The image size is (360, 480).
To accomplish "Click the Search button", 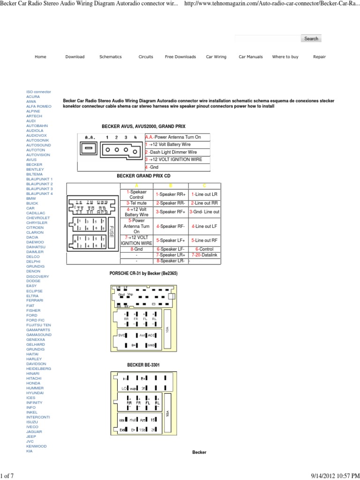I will coord(311,39).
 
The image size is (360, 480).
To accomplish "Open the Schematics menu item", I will coord(110,57).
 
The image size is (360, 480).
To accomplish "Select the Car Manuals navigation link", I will coord(250,57).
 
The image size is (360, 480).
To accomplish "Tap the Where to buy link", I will coord(285,57).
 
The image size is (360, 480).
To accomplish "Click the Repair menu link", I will coord(319,57).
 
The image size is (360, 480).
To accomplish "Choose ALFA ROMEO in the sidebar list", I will coord(39,106).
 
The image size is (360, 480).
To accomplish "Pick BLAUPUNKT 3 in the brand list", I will coord(39,189).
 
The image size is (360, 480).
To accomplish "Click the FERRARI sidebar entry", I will coord(35,300).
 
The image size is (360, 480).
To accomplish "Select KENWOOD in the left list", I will coord(36,446).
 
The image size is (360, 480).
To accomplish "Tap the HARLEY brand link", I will coord(34,359).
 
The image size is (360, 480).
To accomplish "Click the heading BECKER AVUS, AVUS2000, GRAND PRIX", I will coord(143,127).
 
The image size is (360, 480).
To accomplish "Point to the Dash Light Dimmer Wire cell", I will coord(172,152).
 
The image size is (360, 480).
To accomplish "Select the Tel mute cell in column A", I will coord(137,203).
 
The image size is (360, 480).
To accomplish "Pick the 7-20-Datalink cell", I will coord(204,255).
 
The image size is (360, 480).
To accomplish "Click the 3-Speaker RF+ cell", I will coord(171,212).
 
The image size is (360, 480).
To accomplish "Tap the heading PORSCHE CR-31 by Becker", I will coord(147,273).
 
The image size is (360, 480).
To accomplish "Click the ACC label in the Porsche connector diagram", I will coord(151,335).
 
